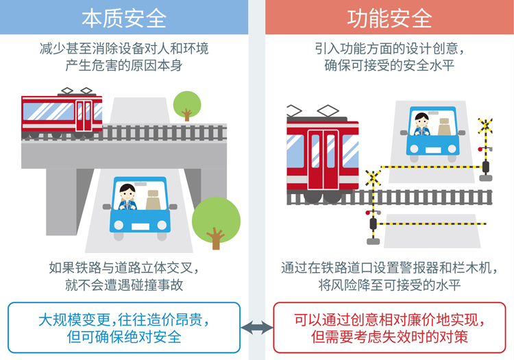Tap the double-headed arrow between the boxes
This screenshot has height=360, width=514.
257,328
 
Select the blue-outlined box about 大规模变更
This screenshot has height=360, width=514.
124,328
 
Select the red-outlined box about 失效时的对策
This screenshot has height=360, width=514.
389,328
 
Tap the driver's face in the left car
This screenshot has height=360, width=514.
127,192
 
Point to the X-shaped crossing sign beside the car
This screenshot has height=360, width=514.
485,126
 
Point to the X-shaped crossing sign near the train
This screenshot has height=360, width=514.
374,178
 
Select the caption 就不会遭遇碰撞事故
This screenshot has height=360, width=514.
124,284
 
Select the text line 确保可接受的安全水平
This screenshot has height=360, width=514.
389,66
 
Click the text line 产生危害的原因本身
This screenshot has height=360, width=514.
124,66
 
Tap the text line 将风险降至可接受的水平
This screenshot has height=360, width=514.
389,284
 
